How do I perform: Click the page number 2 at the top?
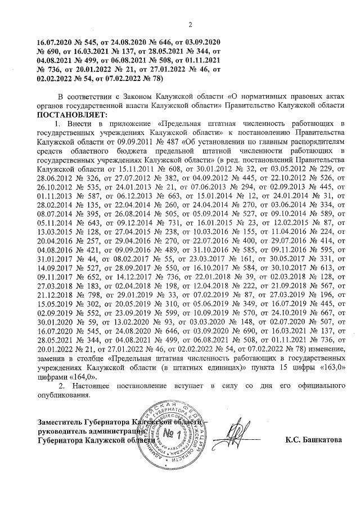190,24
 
